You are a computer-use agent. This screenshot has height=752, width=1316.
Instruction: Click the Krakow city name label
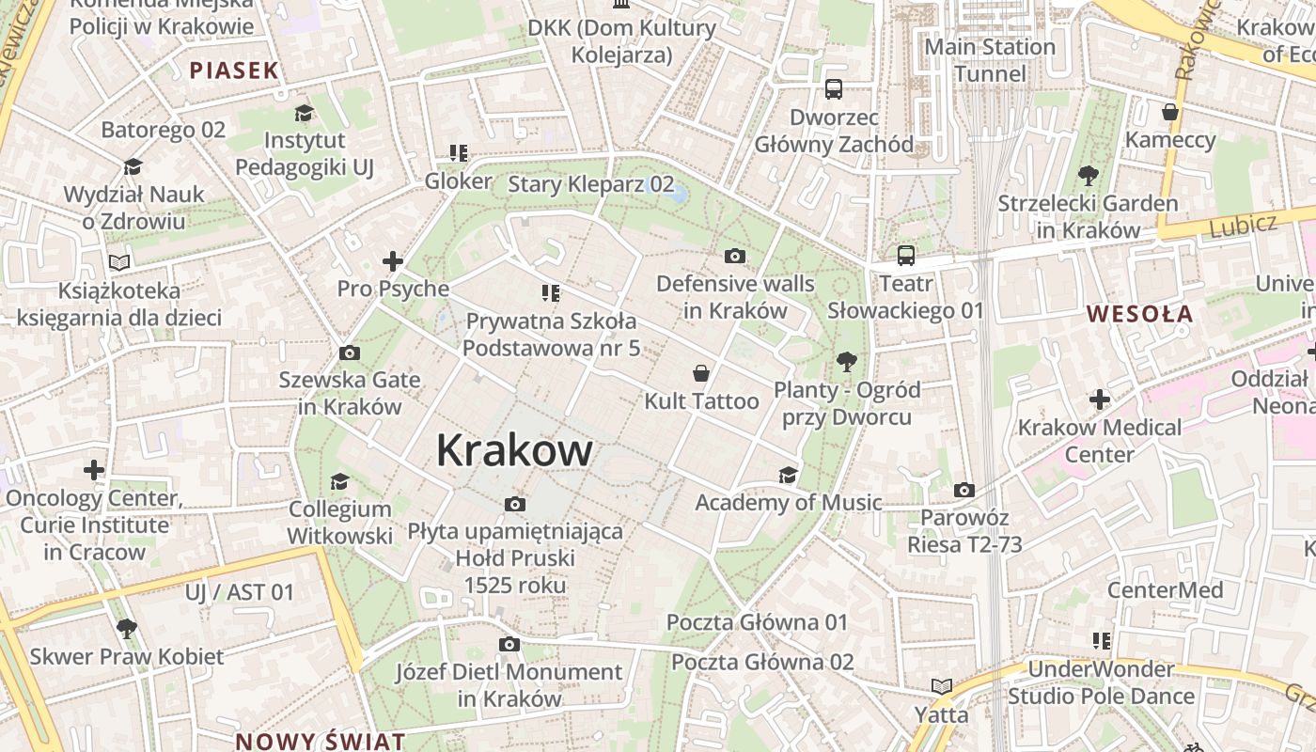[x=514, y=450]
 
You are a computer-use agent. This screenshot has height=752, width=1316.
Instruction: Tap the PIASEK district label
[x=234, y=70]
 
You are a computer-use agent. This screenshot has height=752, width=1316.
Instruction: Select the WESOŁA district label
[x=1139, y=314]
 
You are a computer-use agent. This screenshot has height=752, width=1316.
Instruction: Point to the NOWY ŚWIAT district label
[x=320, y=741]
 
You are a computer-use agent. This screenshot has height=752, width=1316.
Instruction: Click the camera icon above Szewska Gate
[x=349, y=353]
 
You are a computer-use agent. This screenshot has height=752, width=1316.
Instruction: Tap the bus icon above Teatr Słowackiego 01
[x=905, y=256]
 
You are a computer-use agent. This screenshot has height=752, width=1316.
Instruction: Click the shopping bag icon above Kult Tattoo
[x=701, y=374]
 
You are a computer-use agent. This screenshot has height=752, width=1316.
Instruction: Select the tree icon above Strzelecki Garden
[x=1088, y=175]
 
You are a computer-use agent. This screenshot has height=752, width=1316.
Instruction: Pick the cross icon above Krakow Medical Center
[x=1100, y=399]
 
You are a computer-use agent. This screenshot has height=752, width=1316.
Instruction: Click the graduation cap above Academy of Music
[x=788, y=476]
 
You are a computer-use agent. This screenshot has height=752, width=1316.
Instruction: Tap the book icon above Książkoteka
[x=118, y=262]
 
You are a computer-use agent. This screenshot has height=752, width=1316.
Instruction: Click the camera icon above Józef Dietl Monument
[x=509, y=645]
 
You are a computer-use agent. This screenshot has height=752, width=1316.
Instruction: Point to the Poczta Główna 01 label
[x=757, y=622]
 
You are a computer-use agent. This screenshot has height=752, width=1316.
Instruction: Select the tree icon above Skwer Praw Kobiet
[x=126, y=629]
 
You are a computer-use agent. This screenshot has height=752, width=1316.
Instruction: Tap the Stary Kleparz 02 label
[x=590, y=183]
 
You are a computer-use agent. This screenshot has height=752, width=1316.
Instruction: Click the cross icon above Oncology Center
[x=94, y=469]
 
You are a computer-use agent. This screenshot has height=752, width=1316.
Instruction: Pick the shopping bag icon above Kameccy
[x=1170, y=113]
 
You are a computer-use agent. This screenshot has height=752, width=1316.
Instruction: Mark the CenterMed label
[x=1165, y=590]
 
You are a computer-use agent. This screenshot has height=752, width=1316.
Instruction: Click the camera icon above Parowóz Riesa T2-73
[x=963, y=491]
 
